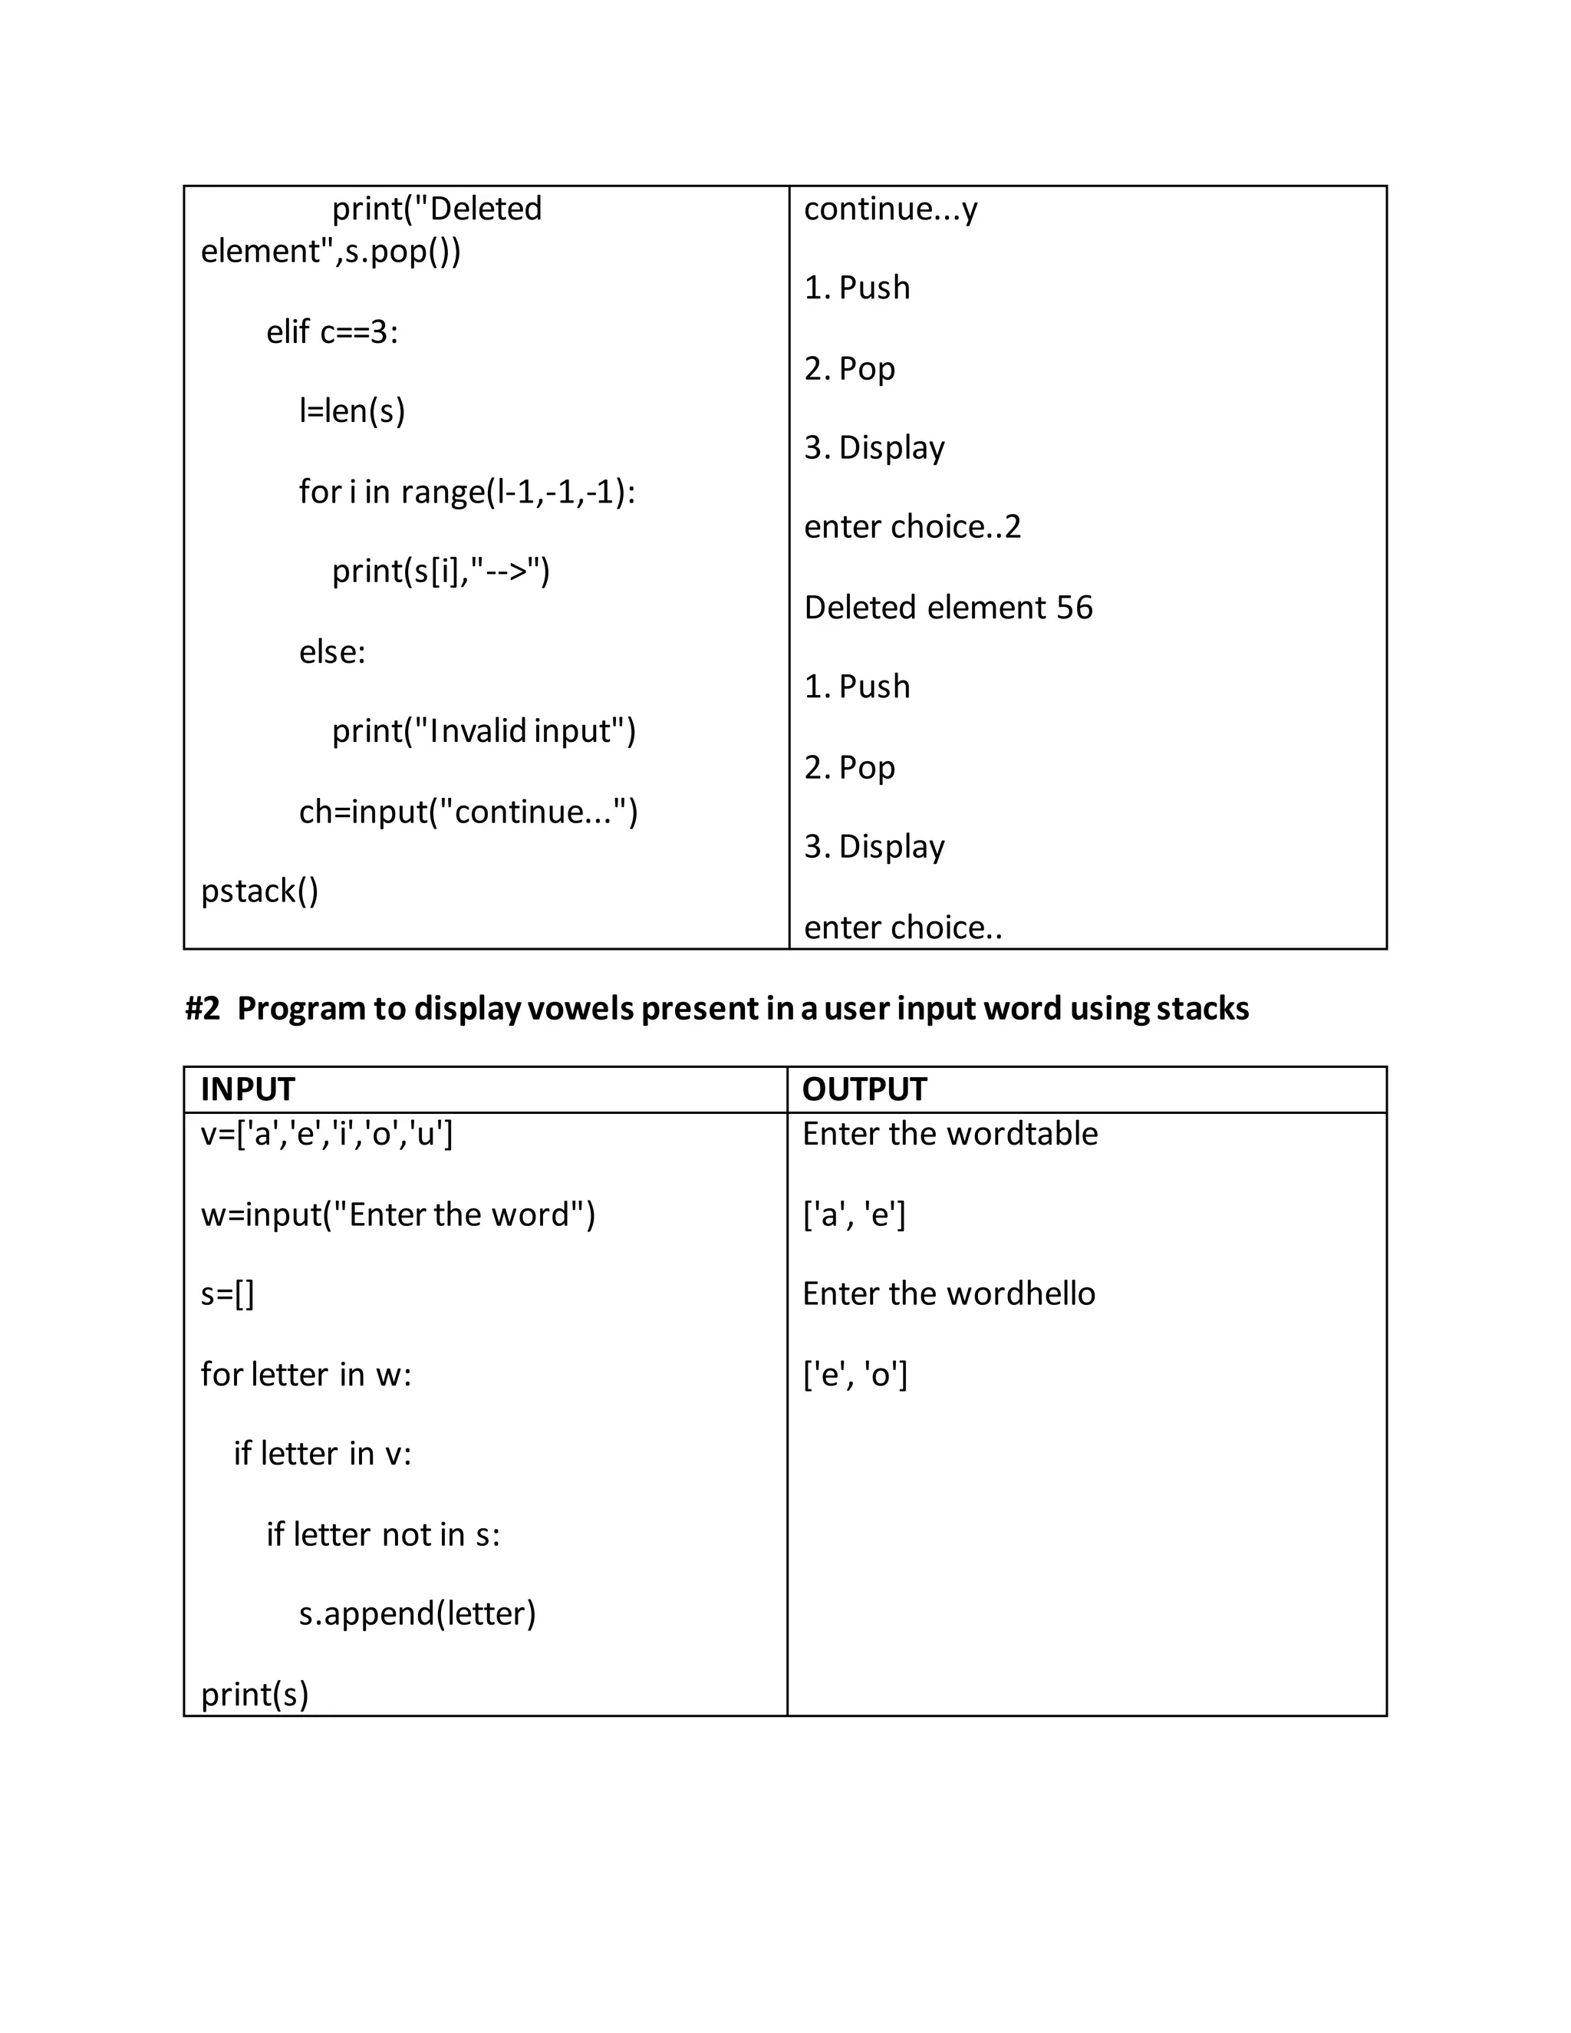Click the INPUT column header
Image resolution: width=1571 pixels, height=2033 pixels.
tap(248, 1089)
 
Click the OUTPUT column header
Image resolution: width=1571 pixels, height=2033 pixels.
tap(865, 1089)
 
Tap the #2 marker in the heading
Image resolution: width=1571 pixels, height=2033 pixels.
tap(202, 1008)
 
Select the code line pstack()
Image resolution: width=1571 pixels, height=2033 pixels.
tap(260, 891)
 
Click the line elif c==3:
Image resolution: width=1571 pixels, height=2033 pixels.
tap(332, 331)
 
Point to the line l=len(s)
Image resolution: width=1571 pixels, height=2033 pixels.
tap(352, 410)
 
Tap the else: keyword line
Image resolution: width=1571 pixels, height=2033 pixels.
tap(332, 651)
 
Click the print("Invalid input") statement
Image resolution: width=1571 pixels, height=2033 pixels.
tap(484, 730)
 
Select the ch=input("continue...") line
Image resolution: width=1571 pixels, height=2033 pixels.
tap(468, 812)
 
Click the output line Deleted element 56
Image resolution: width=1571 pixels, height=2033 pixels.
tap(948, 608)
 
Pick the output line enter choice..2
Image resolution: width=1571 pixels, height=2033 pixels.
tap(912, 527)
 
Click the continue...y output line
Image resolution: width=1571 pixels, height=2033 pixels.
tap(891, 209)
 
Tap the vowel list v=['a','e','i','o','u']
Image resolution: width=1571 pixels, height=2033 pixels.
tap(327, 1134)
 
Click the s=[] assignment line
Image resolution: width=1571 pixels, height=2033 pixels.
tap(227, 1294)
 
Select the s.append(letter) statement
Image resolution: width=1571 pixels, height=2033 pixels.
tap(417, 1613)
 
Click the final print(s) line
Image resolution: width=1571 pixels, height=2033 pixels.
tap(254, 1694)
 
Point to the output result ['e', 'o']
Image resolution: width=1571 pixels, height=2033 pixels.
tap(855, 1374)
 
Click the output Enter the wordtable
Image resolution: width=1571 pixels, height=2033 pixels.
tap(950, 1134)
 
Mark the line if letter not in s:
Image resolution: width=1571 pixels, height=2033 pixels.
tap(383, 1534)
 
